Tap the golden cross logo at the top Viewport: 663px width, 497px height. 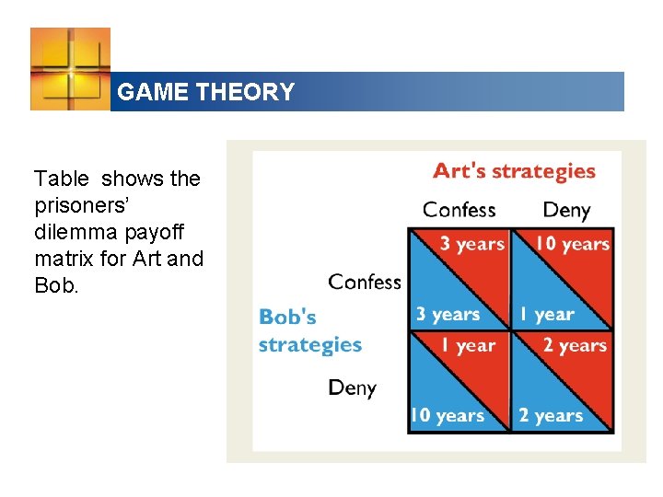point(70,69)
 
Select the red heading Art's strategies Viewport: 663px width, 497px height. point(514,171)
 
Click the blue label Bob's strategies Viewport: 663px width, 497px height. point(309,331)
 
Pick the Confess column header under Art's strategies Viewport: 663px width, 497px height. point(459,210)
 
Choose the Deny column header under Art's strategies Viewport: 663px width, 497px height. point(566,210)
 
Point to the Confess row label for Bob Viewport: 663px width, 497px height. point(365,282)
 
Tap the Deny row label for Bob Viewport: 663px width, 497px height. point(353,387)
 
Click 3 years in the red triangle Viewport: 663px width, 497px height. point(471,244)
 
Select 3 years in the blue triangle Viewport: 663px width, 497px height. point(448,314)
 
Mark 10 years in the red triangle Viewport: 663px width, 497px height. point(573,244)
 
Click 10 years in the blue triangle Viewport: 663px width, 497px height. point(447,415)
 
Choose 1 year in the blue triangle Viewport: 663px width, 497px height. point(546,314)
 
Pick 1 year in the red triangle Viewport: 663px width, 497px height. point(469,346)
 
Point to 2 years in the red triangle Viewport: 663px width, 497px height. point(575,346)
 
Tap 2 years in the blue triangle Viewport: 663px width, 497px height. point(551,415)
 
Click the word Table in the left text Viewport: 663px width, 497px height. point(62,179)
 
